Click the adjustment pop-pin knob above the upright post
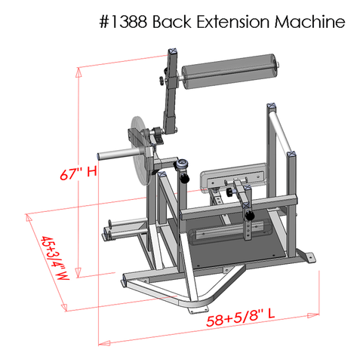[x=182, y=163]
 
